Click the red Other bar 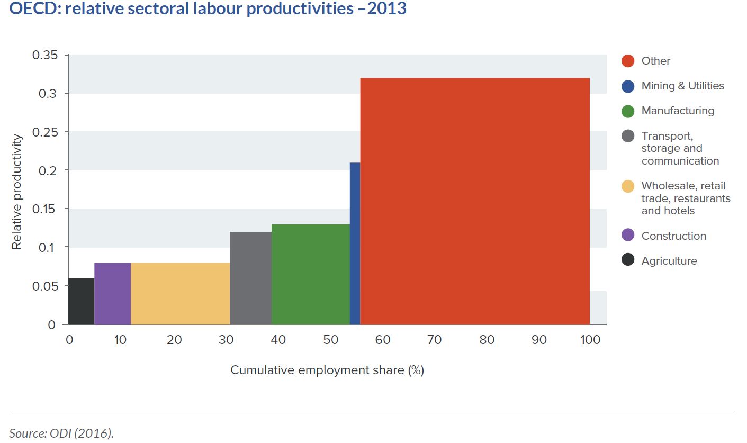pos(475,201)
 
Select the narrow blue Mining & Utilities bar pos(355,243)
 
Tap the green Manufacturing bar pos(311,274)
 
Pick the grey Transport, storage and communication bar pos(250,278)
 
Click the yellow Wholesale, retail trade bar pos(180,293)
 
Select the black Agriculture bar pos(82,301)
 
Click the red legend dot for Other pos(628,61)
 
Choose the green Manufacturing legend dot pos(628,111)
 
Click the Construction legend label pos(673,236)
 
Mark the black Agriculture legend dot pos(628,260)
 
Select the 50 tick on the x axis pos(330,340)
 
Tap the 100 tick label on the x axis pos(590,340)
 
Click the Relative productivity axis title pos(17,192)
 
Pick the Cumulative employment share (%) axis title pos(327,370)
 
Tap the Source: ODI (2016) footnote pos(61,433)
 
